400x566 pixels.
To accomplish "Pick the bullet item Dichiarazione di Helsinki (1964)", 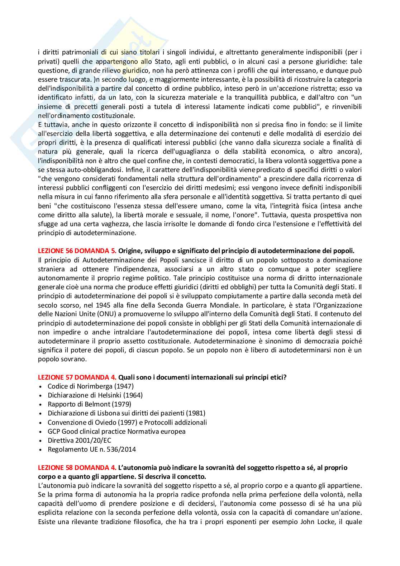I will (x=95, y=395).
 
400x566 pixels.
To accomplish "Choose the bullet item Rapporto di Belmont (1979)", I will (x=89, y=404).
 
